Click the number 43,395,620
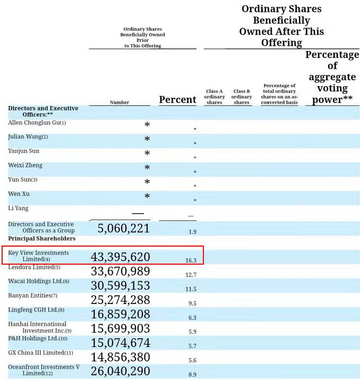point(120,257)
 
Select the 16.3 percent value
point(191,260)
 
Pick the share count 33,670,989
point(120,272)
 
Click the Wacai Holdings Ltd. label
point(38,281)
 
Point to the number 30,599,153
point(120,286)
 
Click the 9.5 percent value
point(192,303)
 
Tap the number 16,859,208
point(120,314)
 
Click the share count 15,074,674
point(120,343)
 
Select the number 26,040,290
point(120,371)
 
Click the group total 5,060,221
point(123,229)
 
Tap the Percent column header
point(178,99)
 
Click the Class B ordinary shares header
point(242,97)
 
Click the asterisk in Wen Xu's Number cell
point(147,197)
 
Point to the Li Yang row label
point(19,208)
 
